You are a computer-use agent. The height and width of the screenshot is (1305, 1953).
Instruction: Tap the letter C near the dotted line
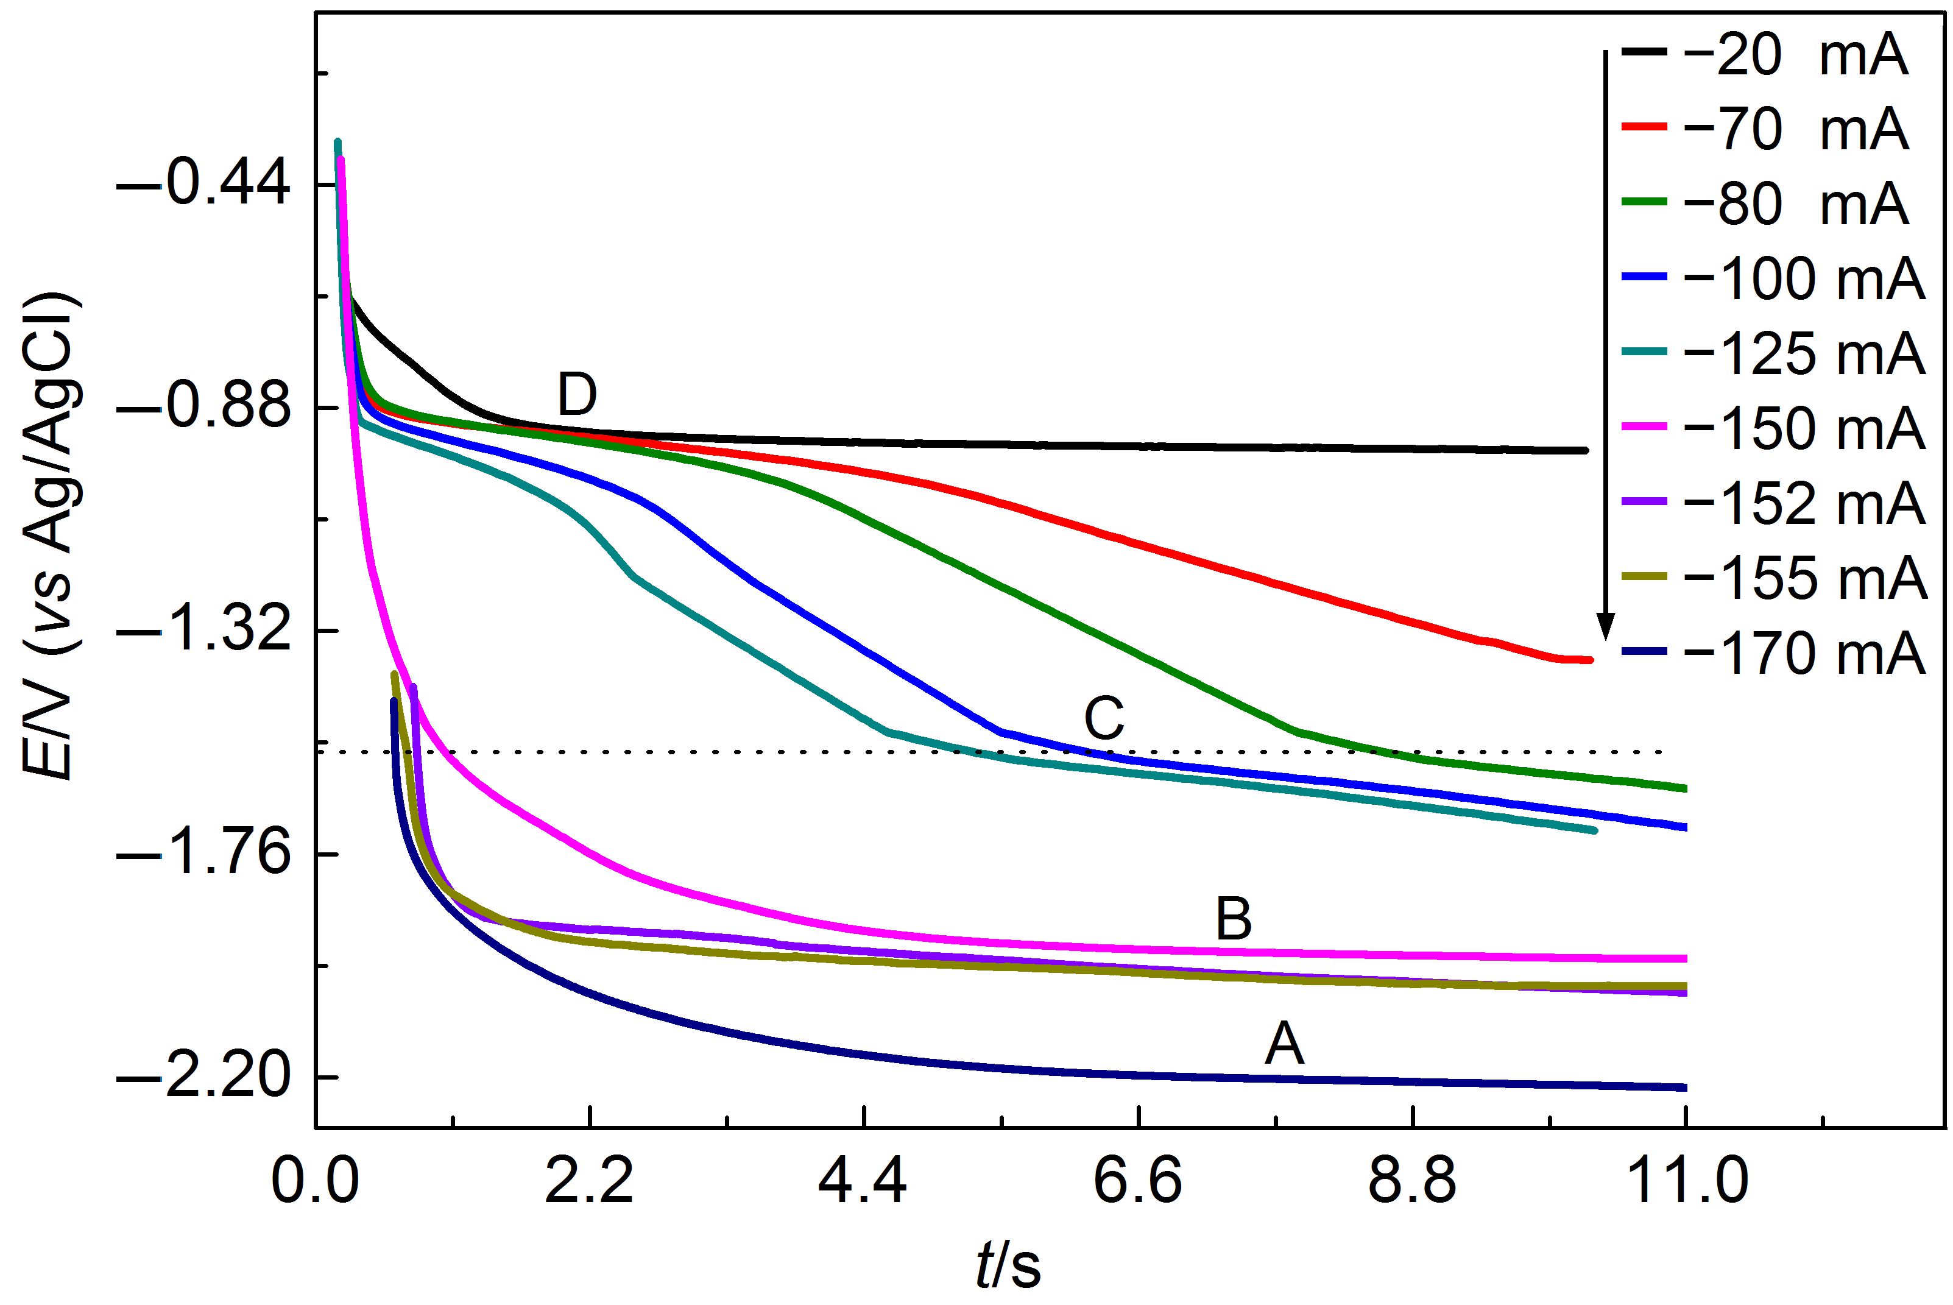point(1104,719)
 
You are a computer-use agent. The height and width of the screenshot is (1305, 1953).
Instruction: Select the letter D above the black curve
point(577,395)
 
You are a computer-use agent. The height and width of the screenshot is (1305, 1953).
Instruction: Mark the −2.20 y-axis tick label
point(204,1078)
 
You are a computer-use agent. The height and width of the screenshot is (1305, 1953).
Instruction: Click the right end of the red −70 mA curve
point(1589,660)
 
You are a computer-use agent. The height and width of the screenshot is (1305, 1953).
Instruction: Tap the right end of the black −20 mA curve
point(1584,450)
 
